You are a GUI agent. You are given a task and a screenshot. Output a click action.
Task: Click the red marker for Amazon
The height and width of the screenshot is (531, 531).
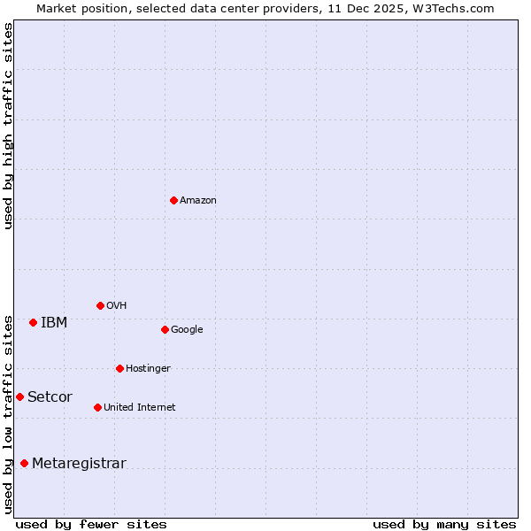tap(173, 200)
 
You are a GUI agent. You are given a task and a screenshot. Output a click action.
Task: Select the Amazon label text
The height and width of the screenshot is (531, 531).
tap(198, 201)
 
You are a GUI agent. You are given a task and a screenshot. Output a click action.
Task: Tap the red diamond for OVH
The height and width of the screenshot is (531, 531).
tap(100, 305)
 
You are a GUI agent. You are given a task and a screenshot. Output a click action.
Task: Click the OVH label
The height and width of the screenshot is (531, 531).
tap(117, 306)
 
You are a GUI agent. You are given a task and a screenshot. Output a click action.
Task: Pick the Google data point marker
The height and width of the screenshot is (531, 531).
tap(165, 329)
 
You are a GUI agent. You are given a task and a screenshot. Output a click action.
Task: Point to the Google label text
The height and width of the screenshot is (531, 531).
tap(187, 330)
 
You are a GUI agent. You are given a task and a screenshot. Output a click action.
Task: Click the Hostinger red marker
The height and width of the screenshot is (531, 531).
tap(119, 368)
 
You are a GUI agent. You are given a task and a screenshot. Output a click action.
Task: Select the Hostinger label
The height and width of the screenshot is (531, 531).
tap(148, 369)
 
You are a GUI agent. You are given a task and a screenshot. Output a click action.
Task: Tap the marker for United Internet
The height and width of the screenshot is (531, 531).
tap(97, 407)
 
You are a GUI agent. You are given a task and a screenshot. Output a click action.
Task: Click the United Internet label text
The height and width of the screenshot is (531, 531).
tap(140, 408)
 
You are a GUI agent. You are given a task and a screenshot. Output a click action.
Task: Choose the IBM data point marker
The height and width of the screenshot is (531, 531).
tap(33, 322)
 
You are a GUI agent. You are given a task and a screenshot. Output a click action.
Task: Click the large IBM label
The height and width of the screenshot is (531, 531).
tap(54, 323)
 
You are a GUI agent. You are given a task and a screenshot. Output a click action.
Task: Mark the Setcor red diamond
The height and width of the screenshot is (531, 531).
tap(19, 396)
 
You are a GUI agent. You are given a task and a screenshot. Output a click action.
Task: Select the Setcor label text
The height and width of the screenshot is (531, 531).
tap(50, 397)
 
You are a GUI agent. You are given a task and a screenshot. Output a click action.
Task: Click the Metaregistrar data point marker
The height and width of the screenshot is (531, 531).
tap(24, 463)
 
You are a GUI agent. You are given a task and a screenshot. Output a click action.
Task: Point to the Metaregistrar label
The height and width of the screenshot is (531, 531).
tap(79, 464)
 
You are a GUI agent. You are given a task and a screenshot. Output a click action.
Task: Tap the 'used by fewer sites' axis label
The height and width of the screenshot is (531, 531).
tap(91, 524)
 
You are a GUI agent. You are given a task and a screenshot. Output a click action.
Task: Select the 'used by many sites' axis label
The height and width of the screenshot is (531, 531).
tap(444, 524)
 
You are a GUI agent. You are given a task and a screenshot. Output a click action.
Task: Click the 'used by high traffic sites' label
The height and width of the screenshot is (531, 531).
tap(9, 126)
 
